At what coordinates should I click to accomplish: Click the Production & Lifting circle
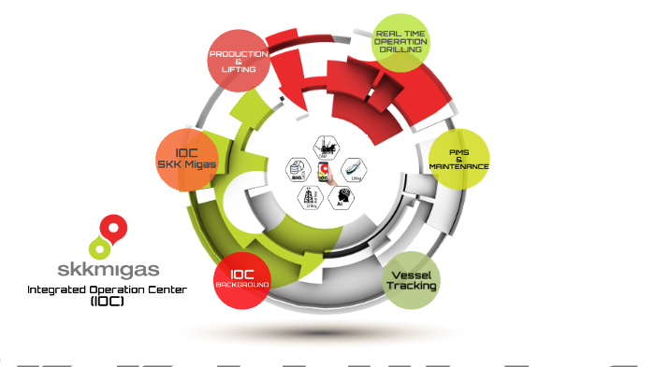[239, 61]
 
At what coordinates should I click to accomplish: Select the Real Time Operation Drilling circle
[400, 42]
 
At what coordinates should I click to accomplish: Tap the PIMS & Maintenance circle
[458, 160]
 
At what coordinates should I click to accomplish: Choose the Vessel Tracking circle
[412, 280]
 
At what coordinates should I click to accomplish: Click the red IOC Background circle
[241, 279]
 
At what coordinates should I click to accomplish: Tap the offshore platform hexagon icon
[327, 148]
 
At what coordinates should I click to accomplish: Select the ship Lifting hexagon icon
[353, 169]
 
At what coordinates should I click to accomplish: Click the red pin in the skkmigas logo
[114, 228]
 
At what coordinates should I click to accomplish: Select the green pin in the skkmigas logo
[97, 248]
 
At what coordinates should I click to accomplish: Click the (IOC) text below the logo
[105, 302]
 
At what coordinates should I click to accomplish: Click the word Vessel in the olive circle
[412, 274]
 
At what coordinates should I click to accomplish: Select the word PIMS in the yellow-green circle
[458, 151]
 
